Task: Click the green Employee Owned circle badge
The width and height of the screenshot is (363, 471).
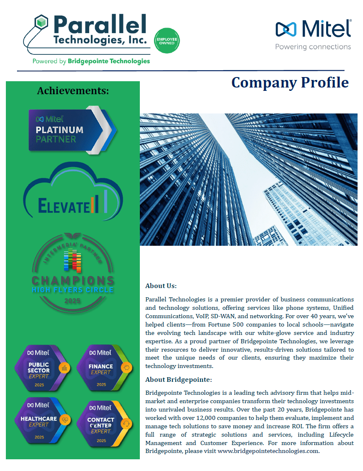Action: pos(167,41)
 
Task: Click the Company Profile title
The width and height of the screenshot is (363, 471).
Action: pos(290,82)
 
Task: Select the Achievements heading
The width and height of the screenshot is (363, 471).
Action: pos(73,90)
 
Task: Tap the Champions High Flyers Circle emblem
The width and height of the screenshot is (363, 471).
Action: pos(73,272)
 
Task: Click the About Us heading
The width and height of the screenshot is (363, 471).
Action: pos(161,286)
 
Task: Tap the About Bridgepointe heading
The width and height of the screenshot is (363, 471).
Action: pos(179,380)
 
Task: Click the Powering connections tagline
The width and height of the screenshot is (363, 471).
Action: pos(313,47)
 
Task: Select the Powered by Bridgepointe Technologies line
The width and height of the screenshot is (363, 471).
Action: pos(91,61)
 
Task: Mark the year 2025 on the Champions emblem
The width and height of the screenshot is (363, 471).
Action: pos(73,301)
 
